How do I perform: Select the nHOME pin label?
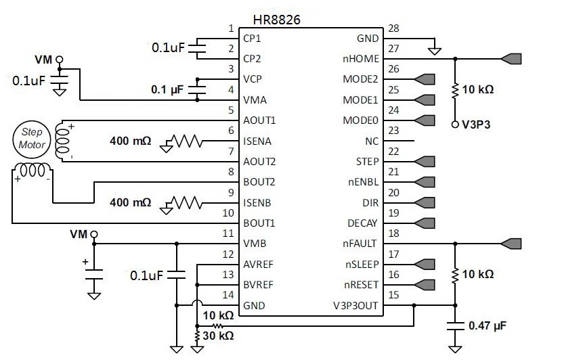(361, 59)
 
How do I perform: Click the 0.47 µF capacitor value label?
(488, 325)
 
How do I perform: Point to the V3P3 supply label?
(477, 125)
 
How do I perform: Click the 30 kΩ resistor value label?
(218, 336)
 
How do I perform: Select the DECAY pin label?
(362, 223)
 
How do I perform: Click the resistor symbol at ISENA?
(187, 141)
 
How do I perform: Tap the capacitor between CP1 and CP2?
(197, 48)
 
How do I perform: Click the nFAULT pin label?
(360, 243)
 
